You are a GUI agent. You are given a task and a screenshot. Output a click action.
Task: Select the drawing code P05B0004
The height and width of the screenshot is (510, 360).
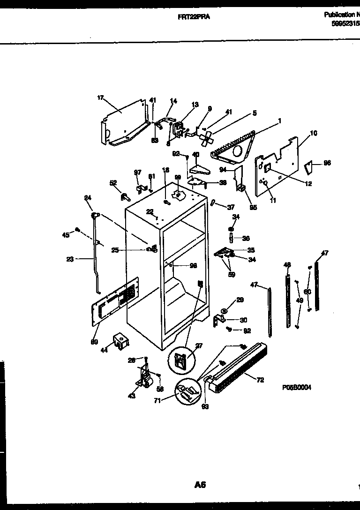click(x=297, y=388)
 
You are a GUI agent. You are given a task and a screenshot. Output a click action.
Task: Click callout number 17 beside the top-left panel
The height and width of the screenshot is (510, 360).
click(x=100, y=97)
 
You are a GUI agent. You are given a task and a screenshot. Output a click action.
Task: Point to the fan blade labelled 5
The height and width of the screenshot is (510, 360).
click(x=206, y=137)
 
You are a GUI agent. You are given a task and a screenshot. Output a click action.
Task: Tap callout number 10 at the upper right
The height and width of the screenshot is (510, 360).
click(x=314, y=133)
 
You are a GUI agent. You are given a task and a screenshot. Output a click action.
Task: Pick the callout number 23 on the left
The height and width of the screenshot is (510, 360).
click(x=70, y=259)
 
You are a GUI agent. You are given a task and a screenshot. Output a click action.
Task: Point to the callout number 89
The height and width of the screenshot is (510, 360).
click(x=94, y=342)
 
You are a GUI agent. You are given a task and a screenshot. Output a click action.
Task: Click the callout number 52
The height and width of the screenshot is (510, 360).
click(x=113, y=183)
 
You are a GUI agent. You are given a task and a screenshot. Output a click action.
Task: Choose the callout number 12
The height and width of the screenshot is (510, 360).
click(x=308, y=184)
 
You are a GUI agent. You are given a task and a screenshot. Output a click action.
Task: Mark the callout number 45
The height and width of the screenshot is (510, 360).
click(x=66, y=234)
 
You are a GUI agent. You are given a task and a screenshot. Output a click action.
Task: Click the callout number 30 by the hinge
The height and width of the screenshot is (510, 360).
click(x=243, y=321)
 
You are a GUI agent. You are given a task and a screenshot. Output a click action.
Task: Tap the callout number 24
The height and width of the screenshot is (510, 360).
click(x=88, y=197)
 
